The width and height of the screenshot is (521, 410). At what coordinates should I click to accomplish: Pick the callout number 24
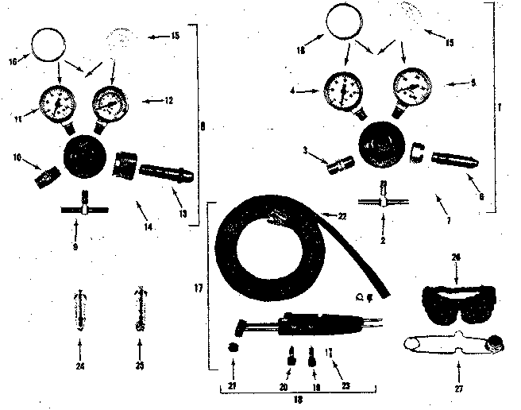79,368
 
